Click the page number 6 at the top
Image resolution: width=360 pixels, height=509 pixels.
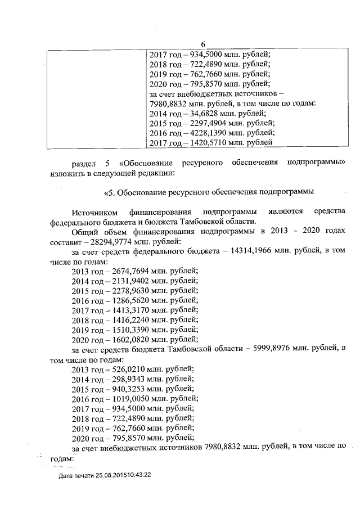click(x=202, y=44)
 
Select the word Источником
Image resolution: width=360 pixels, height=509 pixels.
click(x=95, y=212)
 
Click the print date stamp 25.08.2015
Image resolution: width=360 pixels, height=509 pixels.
click(x=116, y=475)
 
